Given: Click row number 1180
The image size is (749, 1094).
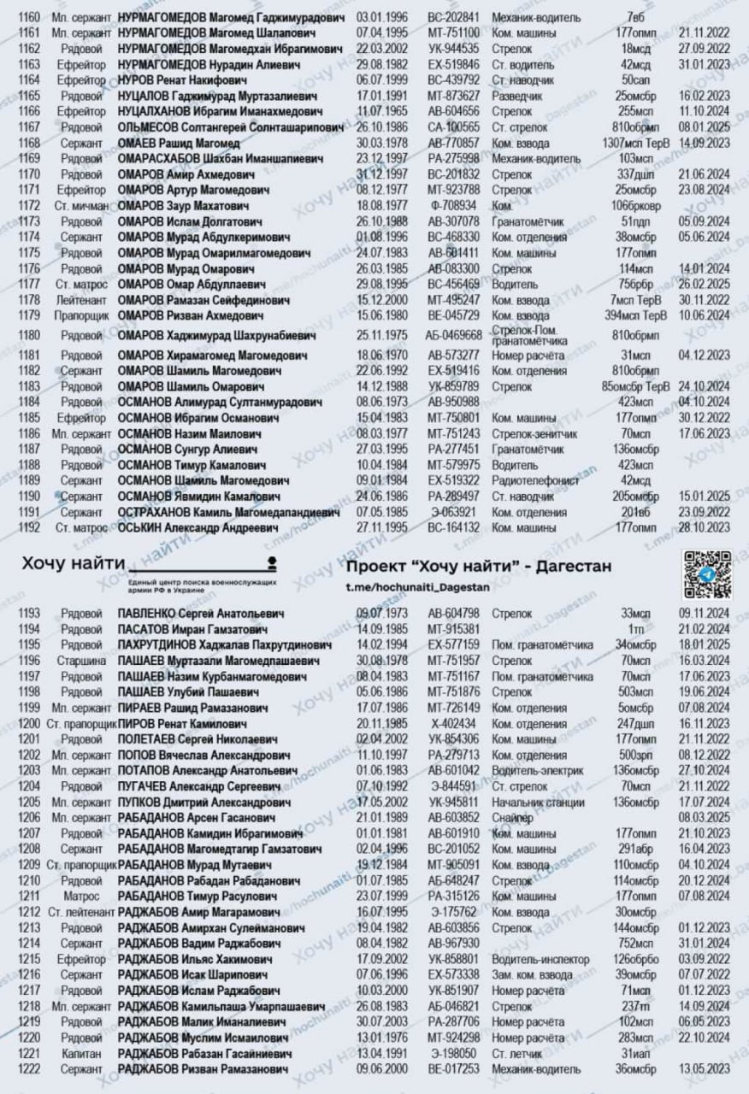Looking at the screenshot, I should (x=29, y=335).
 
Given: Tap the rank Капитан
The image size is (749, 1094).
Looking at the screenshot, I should (x=82, y=1052).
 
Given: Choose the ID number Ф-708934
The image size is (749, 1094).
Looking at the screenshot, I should (x=453, y=206).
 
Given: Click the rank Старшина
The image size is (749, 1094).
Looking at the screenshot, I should (x=82, y=661).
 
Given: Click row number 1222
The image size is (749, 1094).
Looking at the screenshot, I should (x=29, y=1068).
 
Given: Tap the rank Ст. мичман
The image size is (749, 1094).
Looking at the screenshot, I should (x=82, y=206).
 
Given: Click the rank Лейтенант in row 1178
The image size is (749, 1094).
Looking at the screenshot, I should (x=82, y=299).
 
